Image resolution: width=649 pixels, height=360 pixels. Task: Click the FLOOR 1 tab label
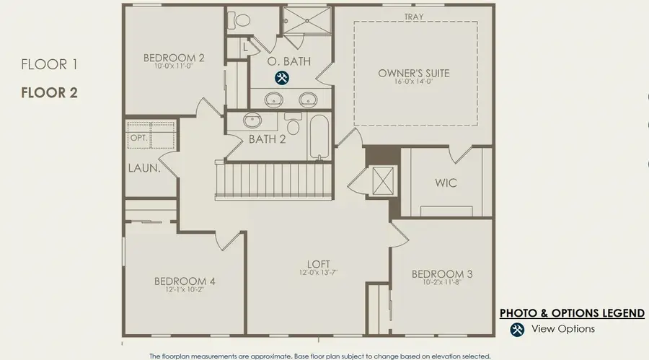[x=49, y=64]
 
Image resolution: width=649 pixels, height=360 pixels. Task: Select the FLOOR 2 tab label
[x=49, y=92]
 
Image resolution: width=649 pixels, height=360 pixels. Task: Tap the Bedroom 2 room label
[x=174, y=58]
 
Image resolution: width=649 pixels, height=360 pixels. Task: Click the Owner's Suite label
[x=413, y=74]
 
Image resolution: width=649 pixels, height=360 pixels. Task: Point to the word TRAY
[x=414, y=17]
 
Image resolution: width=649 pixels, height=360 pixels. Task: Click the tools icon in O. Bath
[x=282, y=78]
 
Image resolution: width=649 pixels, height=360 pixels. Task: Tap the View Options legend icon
[x=517, y=330]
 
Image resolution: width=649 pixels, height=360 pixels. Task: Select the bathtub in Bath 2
[x=319, y=136]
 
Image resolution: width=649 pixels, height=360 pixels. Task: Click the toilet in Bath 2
[x=293, y=124]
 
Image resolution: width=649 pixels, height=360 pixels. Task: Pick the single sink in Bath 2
[x=252, y=120]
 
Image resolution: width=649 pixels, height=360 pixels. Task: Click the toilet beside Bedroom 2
[x=239, y=20]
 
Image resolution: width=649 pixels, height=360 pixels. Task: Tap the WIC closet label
[x=446, y=183]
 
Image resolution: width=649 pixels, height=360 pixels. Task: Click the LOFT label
[x=319, y=264]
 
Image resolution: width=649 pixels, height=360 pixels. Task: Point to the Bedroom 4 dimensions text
[x=185, y=289]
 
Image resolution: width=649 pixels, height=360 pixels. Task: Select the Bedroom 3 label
[x=442, y=274]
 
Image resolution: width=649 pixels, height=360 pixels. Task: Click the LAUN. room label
[x=144, y=168]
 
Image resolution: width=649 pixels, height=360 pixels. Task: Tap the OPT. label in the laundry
[x=139, y=138]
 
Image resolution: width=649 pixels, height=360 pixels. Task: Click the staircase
[x=274, y=180]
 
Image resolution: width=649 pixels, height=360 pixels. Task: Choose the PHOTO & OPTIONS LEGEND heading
[x=572, y=313]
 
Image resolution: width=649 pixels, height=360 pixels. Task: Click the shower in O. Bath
[x=307, y=20]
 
